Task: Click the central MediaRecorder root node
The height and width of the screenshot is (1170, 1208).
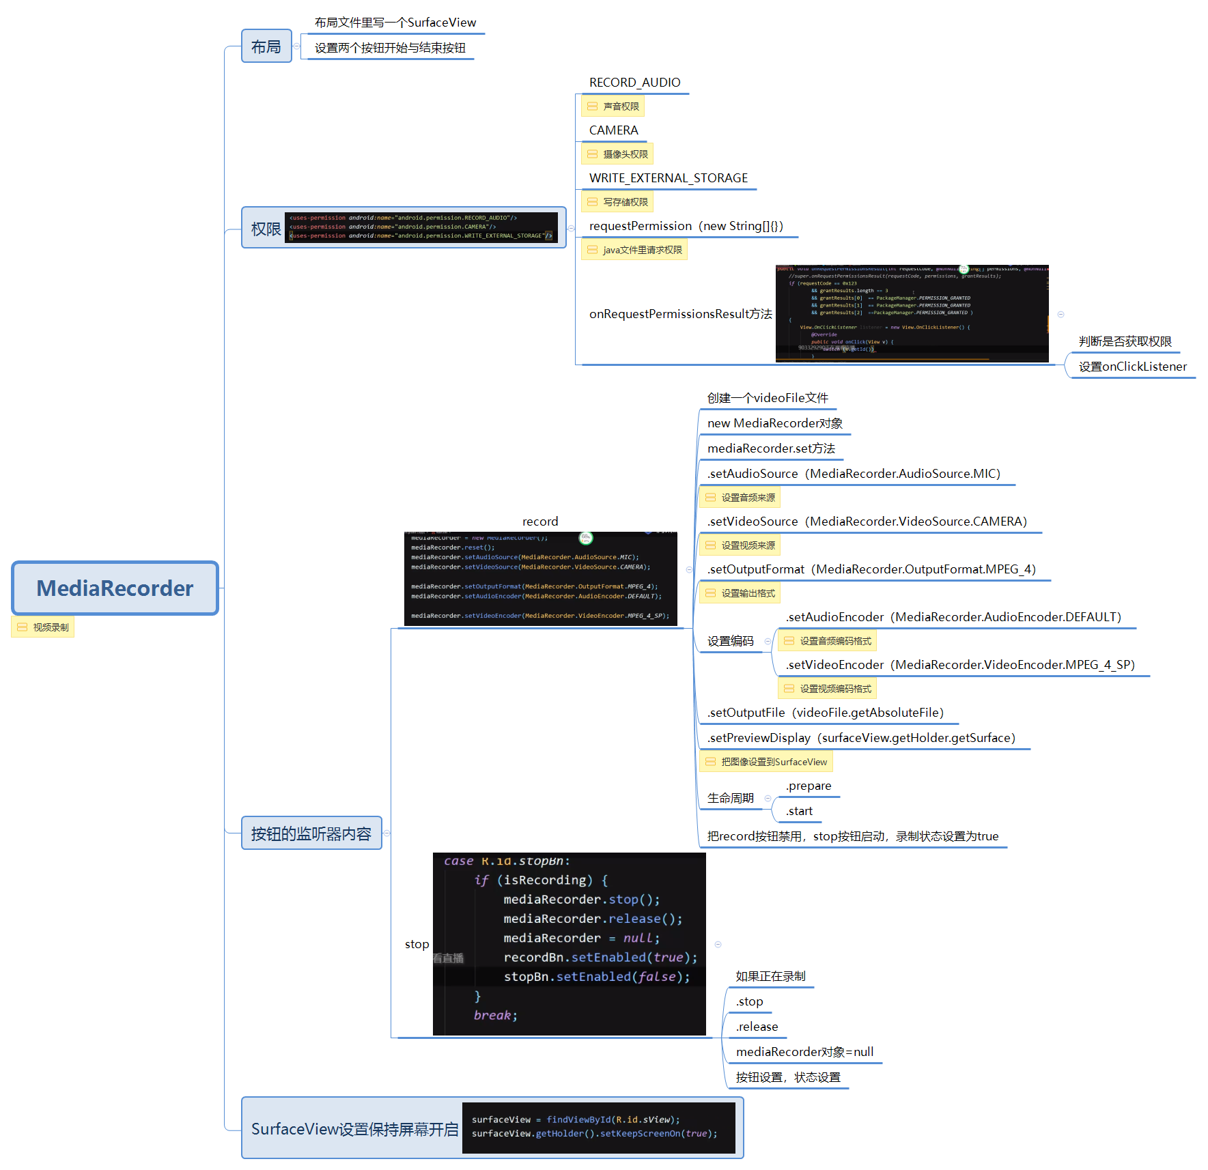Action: pos(115,588)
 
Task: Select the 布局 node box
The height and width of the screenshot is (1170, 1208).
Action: pos(266,46)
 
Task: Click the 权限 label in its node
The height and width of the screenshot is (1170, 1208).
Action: pos(265,229)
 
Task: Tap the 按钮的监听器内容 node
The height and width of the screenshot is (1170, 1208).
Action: pos(311,833)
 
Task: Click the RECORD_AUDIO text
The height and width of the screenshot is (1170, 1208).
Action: pos(634,83)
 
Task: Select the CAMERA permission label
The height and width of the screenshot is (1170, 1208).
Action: pos(613,130)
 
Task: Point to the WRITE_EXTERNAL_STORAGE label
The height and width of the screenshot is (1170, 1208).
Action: pos(668,178)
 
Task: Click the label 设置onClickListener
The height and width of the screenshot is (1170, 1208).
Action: pos(1132,367)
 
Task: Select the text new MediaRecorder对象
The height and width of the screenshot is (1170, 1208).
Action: pos(774,423)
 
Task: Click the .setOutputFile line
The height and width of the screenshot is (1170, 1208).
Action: pos(825,713)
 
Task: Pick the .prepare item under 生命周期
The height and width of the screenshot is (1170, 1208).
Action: pos(808,786)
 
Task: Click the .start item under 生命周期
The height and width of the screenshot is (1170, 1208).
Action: pos(799,811)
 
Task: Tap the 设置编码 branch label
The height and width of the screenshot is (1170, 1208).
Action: pos(730,641)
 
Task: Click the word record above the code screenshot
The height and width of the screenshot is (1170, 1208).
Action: pos(539,522)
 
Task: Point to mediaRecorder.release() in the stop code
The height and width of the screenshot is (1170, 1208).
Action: pos(592,919)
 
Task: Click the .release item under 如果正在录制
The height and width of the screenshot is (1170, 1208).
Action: pos(757,1027)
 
